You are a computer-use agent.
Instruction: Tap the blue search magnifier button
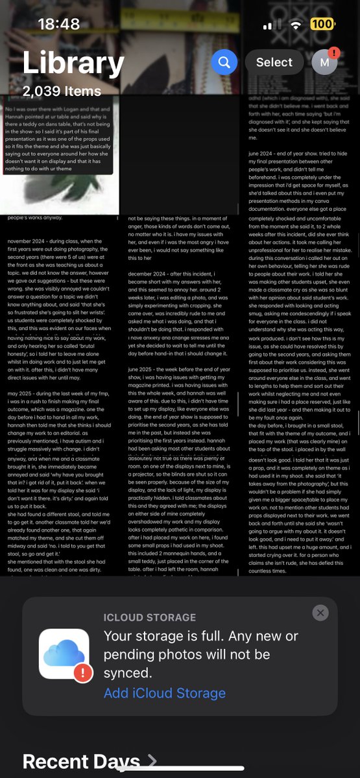point(224,62)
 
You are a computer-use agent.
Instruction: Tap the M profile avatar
point(324,62)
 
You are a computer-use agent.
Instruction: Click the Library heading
point(73,64)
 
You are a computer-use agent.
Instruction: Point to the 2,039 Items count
point(62,91)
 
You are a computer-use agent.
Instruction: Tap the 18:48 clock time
point(58,24)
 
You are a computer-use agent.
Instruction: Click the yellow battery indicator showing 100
point(322,24)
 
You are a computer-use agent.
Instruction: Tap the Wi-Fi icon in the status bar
point(297,24)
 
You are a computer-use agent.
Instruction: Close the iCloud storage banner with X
point(320,613)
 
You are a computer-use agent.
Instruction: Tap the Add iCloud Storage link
point(165,692)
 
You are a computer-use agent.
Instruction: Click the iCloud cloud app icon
point(64,654)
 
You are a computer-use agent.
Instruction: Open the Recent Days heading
point(81,762)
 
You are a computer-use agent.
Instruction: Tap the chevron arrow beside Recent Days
point(152,760)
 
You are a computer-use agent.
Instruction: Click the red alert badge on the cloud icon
point(82,673)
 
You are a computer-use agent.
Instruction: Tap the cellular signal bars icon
point(272,25)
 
